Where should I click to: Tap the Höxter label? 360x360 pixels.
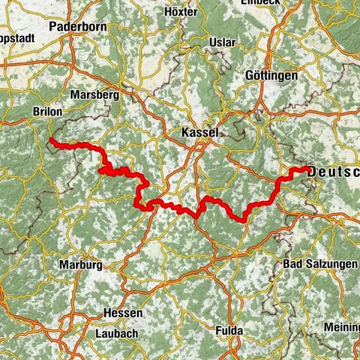(x=181, y=13)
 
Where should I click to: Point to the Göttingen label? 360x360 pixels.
(x=271, y=76)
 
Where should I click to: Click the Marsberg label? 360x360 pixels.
(x=94, y=95)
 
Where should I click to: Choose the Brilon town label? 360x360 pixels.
(x=48, y=109)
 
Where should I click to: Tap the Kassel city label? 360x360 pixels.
(x=199, y=133)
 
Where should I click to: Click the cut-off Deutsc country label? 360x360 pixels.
(x=334, y=171)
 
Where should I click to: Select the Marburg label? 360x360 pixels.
(x=80, y=265)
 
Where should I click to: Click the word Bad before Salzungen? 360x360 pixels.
(x=294, y=265)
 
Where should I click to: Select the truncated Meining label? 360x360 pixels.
(x=341, y=327)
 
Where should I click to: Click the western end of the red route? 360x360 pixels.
(x=50, y=140)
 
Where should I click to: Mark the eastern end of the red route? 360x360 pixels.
(x=307, y=169)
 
